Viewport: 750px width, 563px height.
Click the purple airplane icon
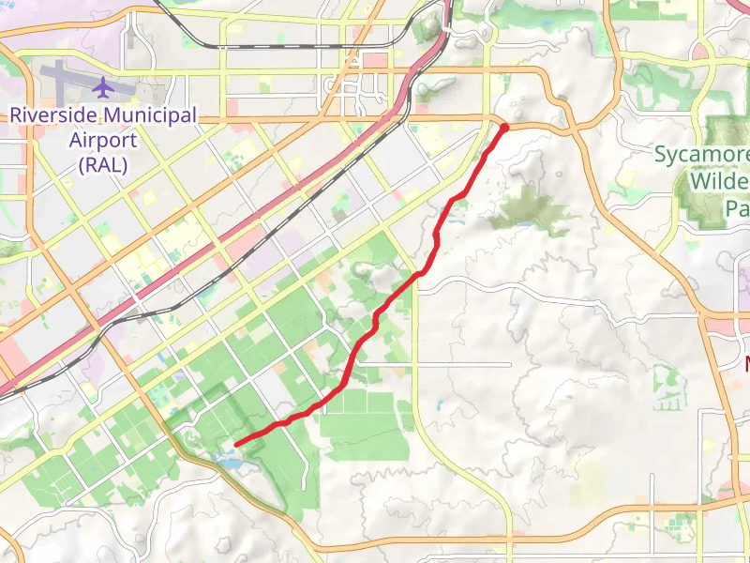click(102, 87)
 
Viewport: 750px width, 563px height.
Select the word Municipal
click(151, 114)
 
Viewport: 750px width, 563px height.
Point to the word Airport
click(103, 141)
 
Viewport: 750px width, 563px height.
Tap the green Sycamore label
click(701, 154)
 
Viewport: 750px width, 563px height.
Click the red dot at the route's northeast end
click(504, 127)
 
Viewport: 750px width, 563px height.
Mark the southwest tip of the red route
click(235, 444)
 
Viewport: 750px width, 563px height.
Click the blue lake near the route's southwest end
click(228, 459)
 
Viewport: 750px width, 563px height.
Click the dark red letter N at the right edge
click(747, 363)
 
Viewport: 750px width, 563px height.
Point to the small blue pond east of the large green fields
click(439, 405)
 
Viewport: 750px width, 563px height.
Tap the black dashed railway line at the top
click(281, 44)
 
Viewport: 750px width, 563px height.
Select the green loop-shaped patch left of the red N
click(667, 379)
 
